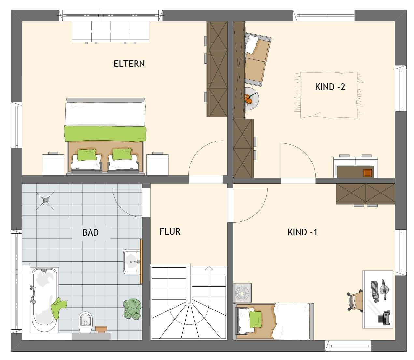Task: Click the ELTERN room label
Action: (x=129, y=64)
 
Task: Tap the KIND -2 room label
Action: (x=330, y=87)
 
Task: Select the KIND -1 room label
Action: (x=302, y=232)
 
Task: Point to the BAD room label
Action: (x=90, y=233)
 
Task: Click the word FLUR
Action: (x=170, y=232)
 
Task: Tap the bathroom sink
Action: (x=132, y=261)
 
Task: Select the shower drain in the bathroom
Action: (x=45, y=200)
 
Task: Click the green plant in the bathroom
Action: (x=132, y=309)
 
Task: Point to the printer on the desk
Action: (x=384, y=318)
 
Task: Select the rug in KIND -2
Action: (x=329, y=95)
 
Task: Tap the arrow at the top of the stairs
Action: (x=208, y=268)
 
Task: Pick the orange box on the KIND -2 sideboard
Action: (x=368, y=173)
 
